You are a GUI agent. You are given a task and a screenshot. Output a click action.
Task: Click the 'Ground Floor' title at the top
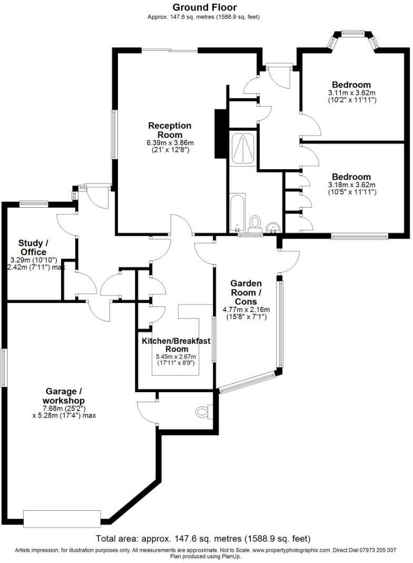205,7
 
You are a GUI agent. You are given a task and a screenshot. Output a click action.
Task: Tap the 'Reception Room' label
170,130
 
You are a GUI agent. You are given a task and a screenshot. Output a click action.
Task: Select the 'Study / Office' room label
33,248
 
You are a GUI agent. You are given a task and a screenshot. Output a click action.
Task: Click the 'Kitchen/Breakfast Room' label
176,345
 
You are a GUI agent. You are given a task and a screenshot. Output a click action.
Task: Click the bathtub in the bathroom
237,212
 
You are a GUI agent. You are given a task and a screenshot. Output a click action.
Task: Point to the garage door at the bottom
62,518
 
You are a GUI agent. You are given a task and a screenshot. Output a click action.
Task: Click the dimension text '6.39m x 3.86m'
170,143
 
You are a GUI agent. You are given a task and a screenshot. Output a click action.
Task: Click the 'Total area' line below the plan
203,539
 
